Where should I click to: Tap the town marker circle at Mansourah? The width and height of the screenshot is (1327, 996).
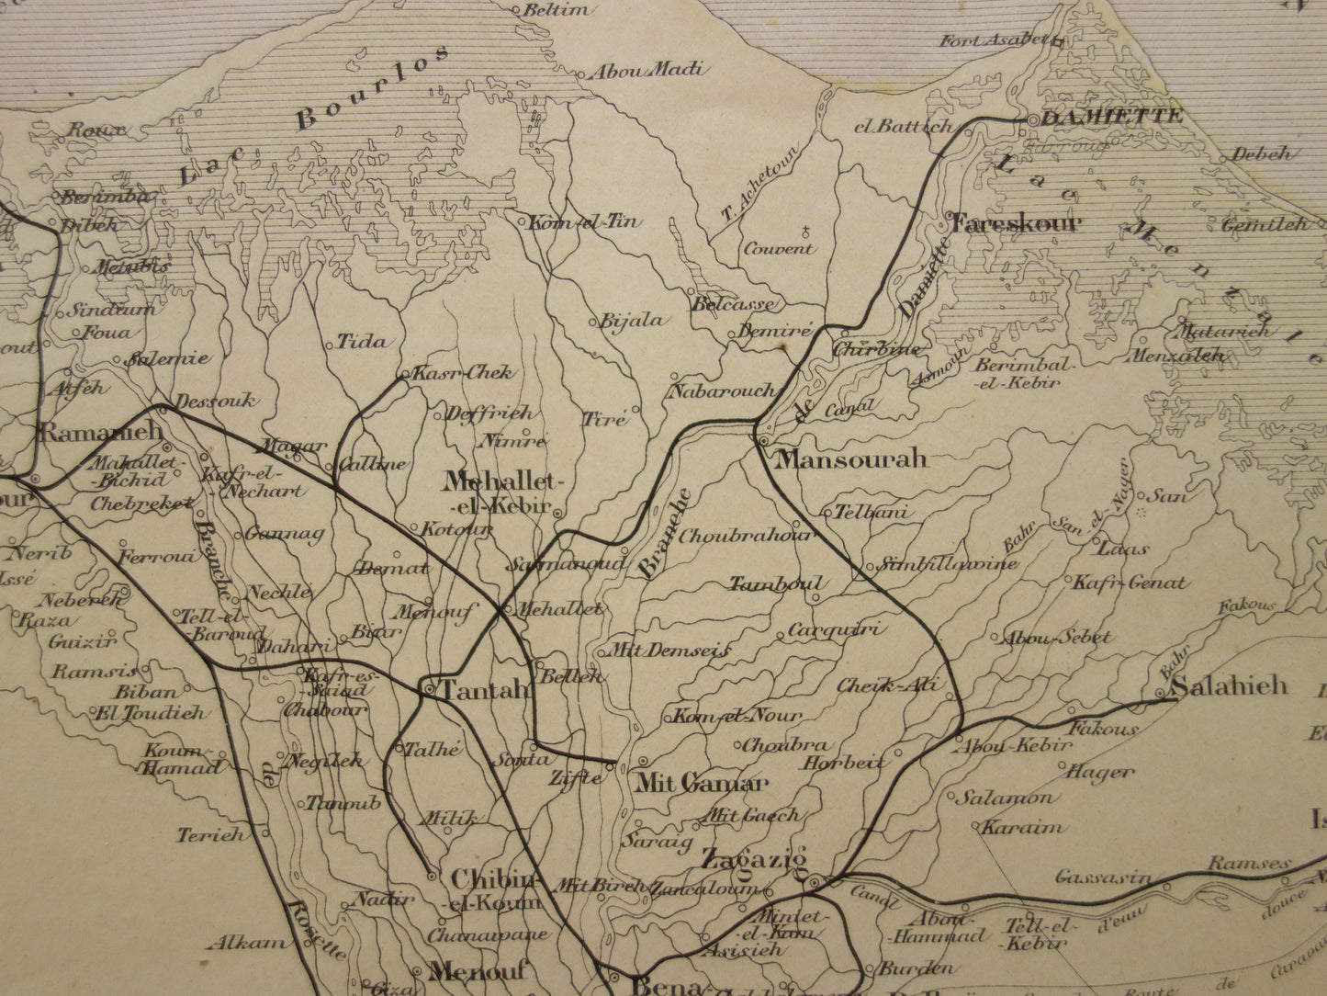[x=763, y=443]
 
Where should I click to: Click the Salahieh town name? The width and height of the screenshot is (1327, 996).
[x=1231, y=685]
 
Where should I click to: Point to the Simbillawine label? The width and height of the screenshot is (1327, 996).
[x=949, y=563]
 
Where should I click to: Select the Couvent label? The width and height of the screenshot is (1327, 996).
[x=778, y=248]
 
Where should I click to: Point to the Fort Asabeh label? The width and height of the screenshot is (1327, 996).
[x=994, y=40]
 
